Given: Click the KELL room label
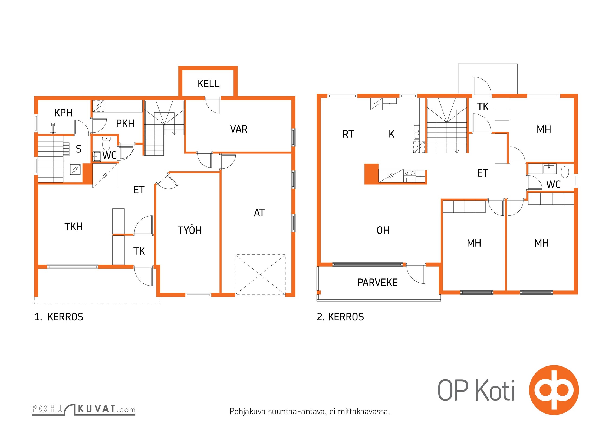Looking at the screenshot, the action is point(208,84).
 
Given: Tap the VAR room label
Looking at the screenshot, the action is point(239,129).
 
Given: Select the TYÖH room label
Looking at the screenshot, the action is point(190,230).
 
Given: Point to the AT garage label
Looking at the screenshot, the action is point(259,213).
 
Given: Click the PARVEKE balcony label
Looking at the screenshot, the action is point(377,283).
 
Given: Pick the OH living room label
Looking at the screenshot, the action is point(383,230).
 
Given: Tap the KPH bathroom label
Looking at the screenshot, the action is point(63,113).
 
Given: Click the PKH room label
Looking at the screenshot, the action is point(125,124).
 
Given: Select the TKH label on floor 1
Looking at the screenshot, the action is point(74,227).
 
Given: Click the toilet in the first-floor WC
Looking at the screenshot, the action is point(106,143).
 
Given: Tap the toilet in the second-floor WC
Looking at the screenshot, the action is point(565,171).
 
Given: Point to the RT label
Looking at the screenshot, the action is point(348,134).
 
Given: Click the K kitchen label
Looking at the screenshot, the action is point(391,134).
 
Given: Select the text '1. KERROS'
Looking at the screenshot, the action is point(59,317).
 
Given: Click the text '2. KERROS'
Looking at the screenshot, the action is point(340,317).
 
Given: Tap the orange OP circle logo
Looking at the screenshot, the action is point(554,390).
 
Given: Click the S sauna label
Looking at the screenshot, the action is point(79,149).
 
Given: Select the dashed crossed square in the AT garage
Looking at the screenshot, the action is point(260,275).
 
